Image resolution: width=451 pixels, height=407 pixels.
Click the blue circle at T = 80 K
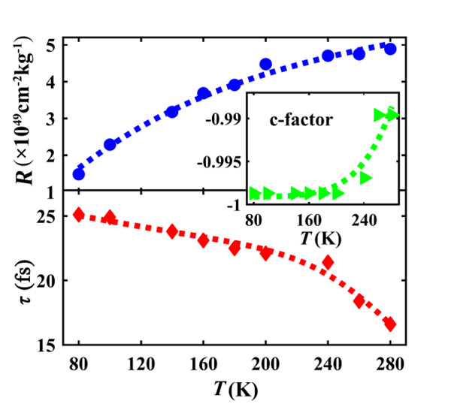click(78, 174)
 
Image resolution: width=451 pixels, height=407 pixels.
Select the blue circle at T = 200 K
click(265, 65)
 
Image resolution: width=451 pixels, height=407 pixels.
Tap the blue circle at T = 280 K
click(390, 49)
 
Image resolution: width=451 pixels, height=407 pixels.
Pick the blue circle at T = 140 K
click(171, 112)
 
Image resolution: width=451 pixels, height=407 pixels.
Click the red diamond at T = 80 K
click(78, 215)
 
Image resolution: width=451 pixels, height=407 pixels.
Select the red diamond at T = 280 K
click(390, 324)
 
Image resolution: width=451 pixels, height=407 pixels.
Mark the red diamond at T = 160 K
click(203, 240)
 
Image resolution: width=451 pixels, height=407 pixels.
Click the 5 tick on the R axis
click(53, 44)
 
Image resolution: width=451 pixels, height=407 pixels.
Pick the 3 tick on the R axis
click(53, 118)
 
